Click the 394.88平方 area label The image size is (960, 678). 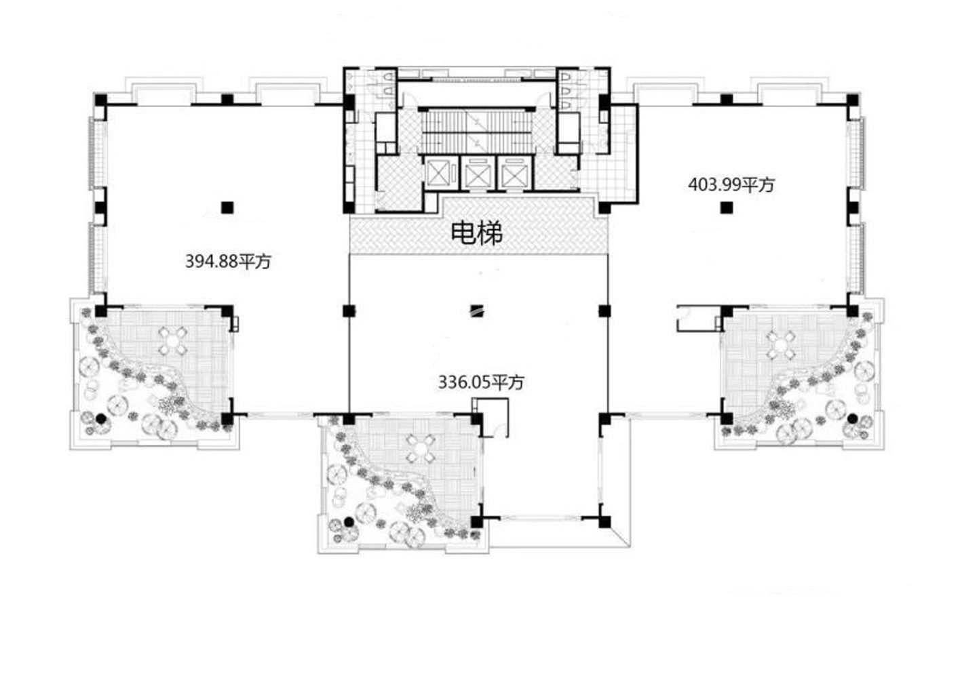[x=228, y=261]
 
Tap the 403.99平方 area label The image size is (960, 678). [x=731, y=184]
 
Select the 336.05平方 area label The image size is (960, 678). [x=481, y=383]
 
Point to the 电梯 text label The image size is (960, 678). [x=478, y=233]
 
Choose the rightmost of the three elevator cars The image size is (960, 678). [x=514, y=174]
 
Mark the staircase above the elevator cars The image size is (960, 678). [x=476, y=130]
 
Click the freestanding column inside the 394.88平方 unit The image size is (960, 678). [x=228, y=207]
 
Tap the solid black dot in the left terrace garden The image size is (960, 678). [x=101, y=418]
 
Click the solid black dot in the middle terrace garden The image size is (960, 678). [x=349, y=521]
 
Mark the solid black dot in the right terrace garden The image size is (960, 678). [x=851, y=418]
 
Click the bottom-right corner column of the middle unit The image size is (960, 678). [x=604, y=522]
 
